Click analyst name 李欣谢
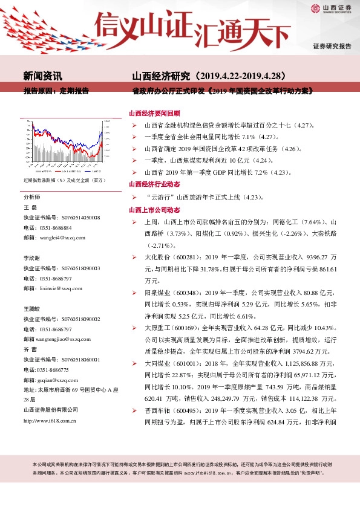pos(32,258)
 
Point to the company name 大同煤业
pos(155,365)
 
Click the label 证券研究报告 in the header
pos(332,47)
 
